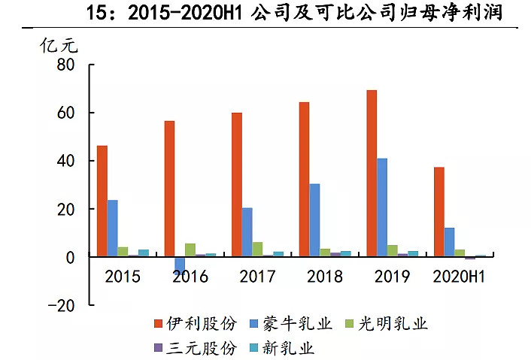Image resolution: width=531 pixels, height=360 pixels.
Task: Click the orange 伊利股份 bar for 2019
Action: click(x=371, y=174)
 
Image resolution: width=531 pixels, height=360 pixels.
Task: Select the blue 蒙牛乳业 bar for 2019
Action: click(x=382, y=207)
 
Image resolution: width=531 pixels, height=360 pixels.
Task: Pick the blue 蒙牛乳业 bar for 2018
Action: click(x=314, y=220)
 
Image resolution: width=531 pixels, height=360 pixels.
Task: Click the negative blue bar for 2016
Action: click(x=180, y=265)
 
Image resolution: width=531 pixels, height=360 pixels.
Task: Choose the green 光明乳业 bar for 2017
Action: click(x=258, y=250)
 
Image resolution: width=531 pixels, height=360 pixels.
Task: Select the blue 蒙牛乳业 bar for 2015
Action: click(x=113, y=228)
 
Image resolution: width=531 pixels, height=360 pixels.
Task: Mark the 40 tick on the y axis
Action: click(x=65, y=161)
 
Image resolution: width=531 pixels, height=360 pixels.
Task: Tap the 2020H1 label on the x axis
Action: click(x=457, y=277)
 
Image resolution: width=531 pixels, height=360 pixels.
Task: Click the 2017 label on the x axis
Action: click(x=257, y=277)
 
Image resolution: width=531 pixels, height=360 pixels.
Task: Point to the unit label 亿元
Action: click(x=59, y=44)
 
